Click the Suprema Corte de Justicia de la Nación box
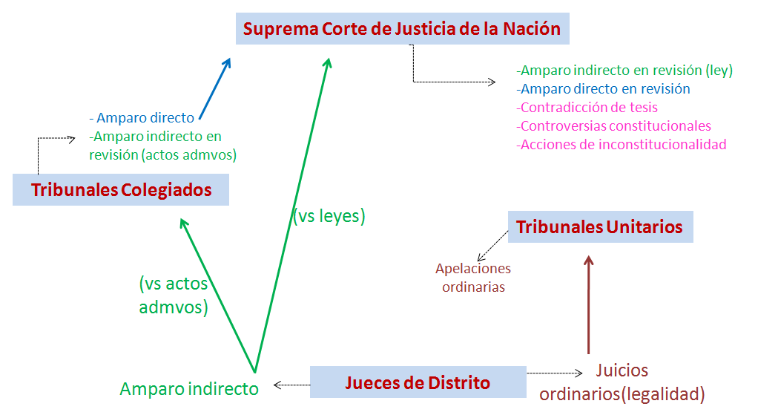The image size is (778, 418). [x=402, y=29]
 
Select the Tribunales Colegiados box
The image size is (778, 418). [x=121, y=189]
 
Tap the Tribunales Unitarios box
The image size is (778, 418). [x=600, y=226]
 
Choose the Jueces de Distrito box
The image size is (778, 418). [x=418, y=382]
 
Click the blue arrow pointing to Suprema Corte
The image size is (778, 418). [x=215, y=88]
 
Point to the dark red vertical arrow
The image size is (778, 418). [x=589, y=304]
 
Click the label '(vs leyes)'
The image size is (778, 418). [x=329, y=216]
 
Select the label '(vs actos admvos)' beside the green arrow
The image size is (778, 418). [x=174, y=295]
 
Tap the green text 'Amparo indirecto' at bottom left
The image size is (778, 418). [x=189, y=388]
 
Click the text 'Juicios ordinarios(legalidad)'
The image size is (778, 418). [x=622, y=382]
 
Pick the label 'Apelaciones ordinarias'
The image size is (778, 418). [x=473, y=278]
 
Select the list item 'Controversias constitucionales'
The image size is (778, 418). [x=613, y=126]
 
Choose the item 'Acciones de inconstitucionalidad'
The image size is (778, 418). [x=621, y=145]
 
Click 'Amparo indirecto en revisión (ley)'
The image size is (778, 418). [x=624, y=71]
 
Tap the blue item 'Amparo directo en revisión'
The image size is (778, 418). [x=603, y=89]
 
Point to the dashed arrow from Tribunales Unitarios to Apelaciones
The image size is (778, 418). [x=491, y=246]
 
